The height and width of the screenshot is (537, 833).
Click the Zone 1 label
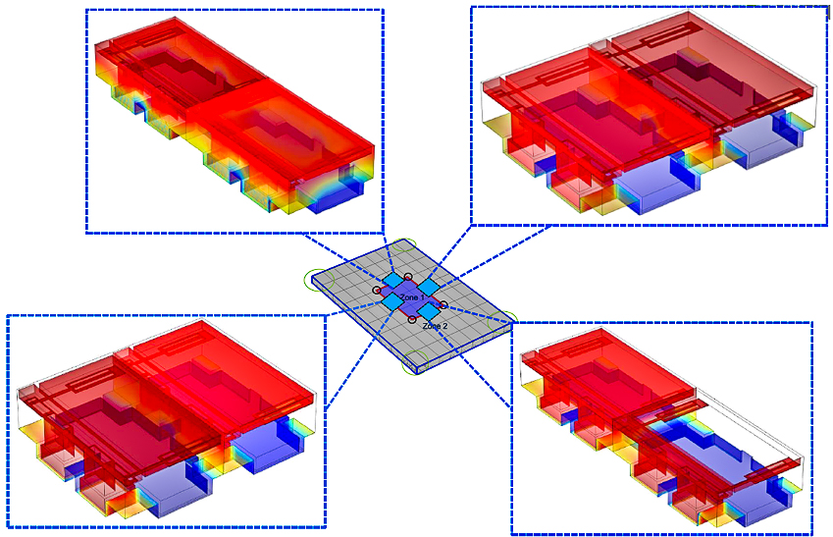point(412,297)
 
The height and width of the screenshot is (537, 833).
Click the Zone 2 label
point(435,325)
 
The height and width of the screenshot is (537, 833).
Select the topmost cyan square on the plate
point(393,280)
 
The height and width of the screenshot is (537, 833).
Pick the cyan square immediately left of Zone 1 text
point(392,301)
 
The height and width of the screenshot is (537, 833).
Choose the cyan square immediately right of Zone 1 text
point(429,287)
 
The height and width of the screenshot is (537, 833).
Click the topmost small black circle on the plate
point(408,277)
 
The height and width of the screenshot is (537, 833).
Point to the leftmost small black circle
point(377,291)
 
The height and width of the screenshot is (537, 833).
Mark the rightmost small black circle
point(443,304)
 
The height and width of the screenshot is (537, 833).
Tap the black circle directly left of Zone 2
point(412,319)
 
